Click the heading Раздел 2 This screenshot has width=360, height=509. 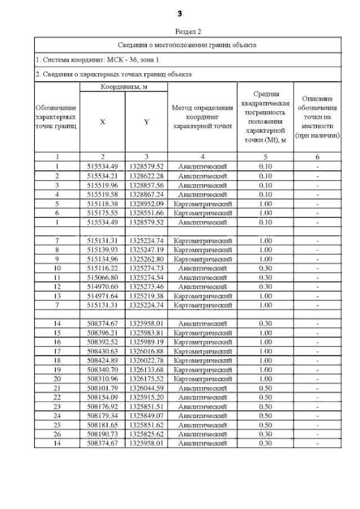(x=188, y=32)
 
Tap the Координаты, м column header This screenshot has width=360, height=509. (x=124, y=87)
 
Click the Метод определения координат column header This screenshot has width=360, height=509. (x=202, y=118)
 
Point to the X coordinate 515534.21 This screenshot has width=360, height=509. (x=102, y=176)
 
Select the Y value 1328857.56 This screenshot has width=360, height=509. (x=146, y=185)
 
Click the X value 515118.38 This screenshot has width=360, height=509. (x=102, y=204)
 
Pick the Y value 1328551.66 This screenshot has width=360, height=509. (x=146, y=213)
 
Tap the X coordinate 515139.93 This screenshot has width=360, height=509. (x=102, y=250)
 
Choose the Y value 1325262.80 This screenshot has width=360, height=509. (x=146, y=259)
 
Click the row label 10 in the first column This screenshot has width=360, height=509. (x=57, y=269)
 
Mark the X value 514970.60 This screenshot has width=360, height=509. (x=102, y=287)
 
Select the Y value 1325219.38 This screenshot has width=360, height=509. (x=146, y=296)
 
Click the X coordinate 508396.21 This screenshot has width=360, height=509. (x=102, y=333)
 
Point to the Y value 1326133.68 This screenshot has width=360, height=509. (x=146, y=370)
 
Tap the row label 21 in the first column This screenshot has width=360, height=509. (x=57, y=389)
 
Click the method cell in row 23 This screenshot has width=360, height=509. (x=202, y=407)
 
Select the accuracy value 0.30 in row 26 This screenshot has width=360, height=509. (x=265, y=435)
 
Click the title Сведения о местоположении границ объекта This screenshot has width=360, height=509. (x=188, y=44)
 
